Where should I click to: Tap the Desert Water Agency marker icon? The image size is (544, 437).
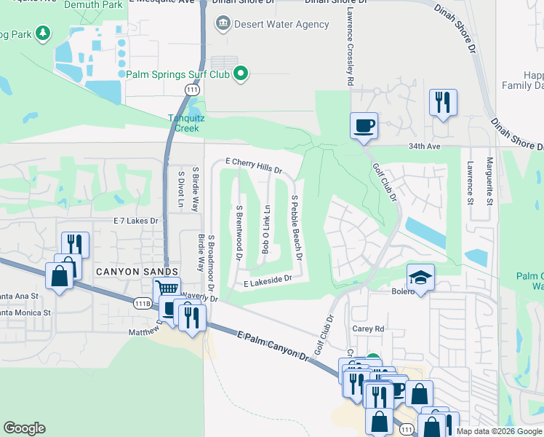222,24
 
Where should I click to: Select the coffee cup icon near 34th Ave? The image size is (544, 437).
364,125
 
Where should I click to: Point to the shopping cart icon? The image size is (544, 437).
167,291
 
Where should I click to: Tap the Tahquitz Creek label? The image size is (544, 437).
183,123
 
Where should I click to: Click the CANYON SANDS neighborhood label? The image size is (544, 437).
124,271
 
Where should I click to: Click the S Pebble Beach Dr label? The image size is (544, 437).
297,227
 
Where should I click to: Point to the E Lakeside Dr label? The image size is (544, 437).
268,280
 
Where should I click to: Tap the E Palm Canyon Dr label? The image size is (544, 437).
273,345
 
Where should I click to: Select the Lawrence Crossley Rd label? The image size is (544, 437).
349,44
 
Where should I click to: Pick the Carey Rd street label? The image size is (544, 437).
367,328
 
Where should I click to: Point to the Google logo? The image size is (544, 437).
24,428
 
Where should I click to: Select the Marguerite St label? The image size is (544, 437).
490,181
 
